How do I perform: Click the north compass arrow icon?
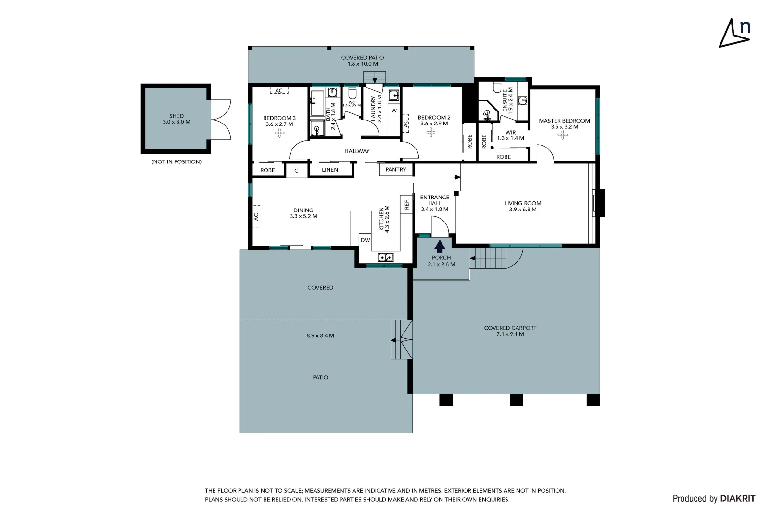point(733,34)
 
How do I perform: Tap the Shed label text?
point(177,116)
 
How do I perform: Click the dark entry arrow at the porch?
point(440,247)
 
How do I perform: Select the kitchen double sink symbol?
point(385,258)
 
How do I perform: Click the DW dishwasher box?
point(365,240)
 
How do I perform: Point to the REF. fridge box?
point(407,204)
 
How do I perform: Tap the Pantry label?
point(396,170)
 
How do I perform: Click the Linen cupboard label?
point(330,170)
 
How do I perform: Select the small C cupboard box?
point(296,171)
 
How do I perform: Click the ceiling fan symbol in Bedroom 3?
point(279,133)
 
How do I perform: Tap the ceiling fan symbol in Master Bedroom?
point(562,136)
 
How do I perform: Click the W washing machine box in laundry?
point(394,111)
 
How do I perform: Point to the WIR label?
point(510,133)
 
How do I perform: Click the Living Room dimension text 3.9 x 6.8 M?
point(523,210)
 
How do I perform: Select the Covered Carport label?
point(510,328)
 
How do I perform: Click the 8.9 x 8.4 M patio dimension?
point(320,336)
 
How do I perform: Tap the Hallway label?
point(357,151)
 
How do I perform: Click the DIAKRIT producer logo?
point(737,499)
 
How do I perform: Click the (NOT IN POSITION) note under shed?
point(177,162)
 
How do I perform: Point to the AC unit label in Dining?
point(256,217)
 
